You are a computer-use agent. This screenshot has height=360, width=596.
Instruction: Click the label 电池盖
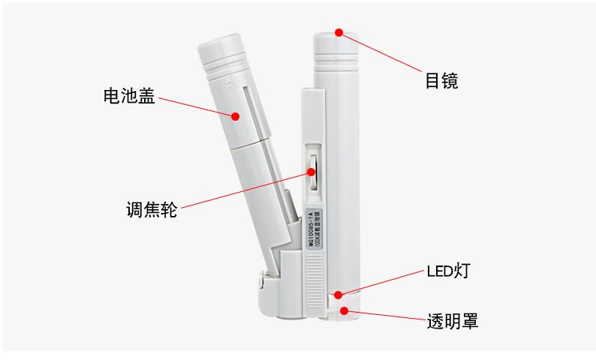129,96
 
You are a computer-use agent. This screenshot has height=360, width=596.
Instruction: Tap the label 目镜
441,81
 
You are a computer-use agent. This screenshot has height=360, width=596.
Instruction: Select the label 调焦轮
151,209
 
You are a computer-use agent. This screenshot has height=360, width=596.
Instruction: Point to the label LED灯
449,271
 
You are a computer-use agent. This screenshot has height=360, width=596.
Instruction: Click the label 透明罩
451,321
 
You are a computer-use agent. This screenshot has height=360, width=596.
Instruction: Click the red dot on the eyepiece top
339,33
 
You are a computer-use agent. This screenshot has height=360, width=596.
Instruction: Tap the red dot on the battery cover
235,116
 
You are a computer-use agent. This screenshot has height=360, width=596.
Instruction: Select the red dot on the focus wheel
310,172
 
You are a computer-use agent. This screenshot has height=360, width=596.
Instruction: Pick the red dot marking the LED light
340,295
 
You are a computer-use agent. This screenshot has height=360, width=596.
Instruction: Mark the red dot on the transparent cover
345,310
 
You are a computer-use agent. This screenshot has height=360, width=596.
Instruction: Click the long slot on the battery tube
248,112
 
